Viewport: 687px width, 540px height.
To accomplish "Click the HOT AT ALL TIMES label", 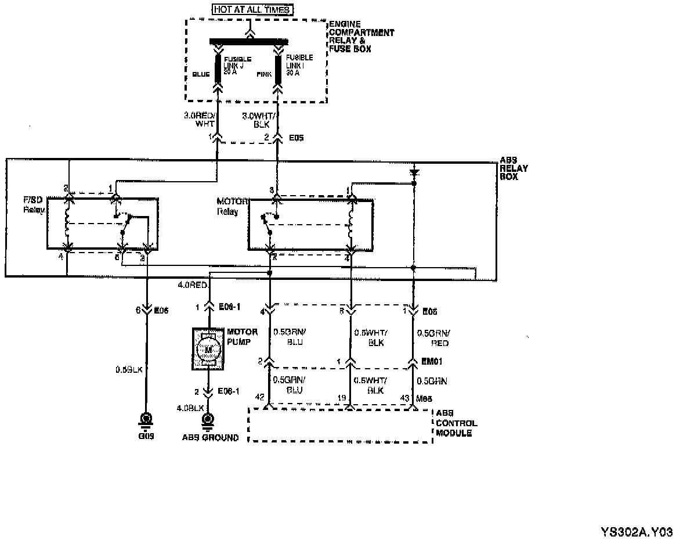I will (252, 9).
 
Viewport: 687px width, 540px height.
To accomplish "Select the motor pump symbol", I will (207, 348).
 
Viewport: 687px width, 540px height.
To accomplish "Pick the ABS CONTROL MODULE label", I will (456, 423).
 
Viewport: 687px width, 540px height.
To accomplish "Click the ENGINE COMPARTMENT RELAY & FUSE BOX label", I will (361, 37).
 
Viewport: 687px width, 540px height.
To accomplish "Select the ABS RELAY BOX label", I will (514, 168).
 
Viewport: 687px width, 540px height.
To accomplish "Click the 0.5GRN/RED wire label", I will (433, 338).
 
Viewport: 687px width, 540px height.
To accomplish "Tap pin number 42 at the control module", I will (259, 397).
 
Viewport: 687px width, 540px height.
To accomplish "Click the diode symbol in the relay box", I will (414, 172).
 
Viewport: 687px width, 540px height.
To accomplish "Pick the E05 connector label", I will (296, 138).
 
